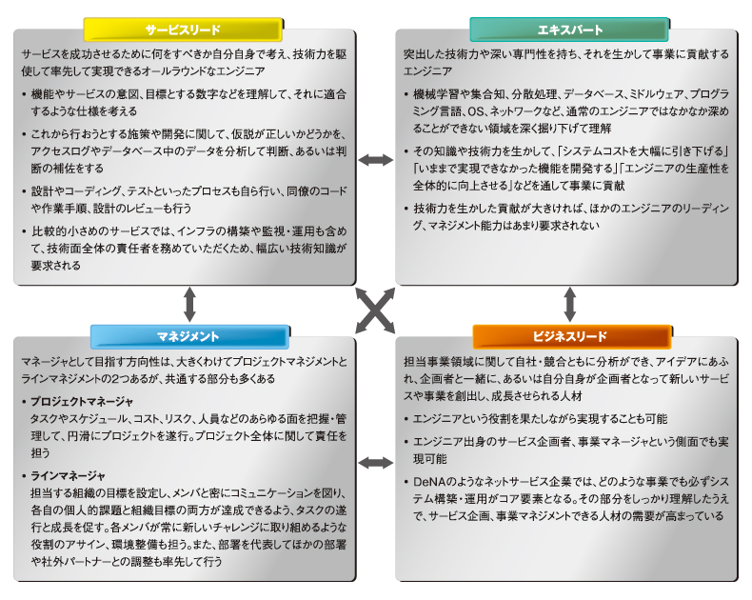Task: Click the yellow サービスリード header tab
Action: [x=183, y=30]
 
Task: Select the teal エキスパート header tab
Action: [x=569, y=30]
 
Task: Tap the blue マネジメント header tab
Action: [x=190, y=336]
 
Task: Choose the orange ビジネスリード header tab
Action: [x=572, y=336]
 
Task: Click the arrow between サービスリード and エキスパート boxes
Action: [x=376, y=160]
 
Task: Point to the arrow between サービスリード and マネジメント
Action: [x=190, y=305]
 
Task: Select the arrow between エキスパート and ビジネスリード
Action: [x=570, y=305]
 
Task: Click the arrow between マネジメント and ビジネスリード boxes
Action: [x=376, y=463]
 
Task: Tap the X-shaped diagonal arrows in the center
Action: [x=375, y=310]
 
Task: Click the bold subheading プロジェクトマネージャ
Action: [x=82, y=401]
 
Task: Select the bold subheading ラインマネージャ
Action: [x=68, y=476]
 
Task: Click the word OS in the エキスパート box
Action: [x=476, y=111]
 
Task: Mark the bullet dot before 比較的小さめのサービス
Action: [x=24, y=231]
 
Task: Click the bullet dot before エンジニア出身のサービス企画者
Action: [x=406, y=442]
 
